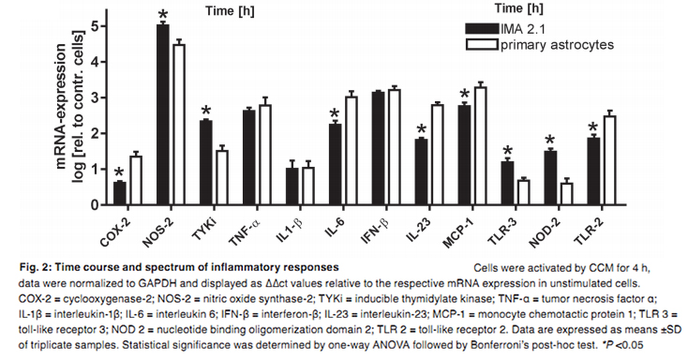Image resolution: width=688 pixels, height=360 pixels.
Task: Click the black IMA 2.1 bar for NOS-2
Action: point(162,113)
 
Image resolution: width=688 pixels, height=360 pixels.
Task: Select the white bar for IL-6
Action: point(351,150)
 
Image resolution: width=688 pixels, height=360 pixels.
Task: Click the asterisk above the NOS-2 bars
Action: point(163,16)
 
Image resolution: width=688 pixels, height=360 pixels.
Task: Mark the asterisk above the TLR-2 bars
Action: point(592,128)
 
